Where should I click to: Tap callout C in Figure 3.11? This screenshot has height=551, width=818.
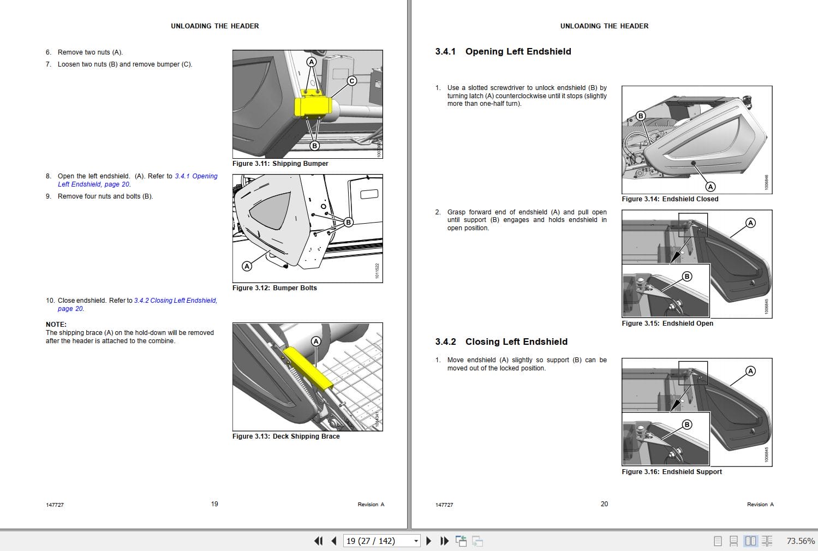click(352, 81)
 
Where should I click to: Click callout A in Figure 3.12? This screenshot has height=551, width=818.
click(247, 266)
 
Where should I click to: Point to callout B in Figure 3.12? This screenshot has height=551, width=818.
click(348, 222)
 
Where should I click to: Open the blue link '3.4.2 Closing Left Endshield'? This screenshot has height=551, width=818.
click(175, 301)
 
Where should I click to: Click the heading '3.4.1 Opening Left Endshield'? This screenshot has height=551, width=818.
click(503, 51)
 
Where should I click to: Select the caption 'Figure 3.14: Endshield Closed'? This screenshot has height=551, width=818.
click(670, 199)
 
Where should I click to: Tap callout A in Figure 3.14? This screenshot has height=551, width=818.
click(710, 187)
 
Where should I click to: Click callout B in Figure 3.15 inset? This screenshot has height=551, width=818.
click(687, 277)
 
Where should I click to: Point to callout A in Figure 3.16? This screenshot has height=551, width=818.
click(750, 371)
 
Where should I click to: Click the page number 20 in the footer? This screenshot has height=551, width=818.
click(604, 504)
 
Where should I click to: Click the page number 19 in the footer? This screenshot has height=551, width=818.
click(214, 504)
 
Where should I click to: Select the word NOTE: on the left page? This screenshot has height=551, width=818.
click(56, 325)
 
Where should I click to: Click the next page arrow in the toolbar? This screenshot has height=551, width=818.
click(428, 541)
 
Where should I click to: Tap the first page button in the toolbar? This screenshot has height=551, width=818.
click(318, 541)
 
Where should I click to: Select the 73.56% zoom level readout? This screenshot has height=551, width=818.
click(800, 541)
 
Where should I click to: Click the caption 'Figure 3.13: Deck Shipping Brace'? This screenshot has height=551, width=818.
click(286, 436)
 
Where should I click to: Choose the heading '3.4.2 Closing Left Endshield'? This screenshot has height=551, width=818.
click(501, 342)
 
